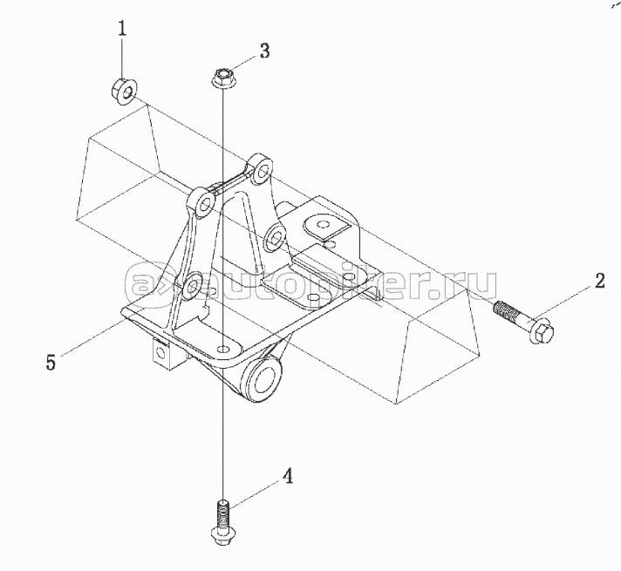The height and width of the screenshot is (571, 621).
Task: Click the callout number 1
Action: click(122, 29)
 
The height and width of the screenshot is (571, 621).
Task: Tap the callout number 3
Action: click(264, 51)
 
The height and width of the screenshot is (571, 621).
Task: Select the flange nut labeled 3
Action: click(222, 80)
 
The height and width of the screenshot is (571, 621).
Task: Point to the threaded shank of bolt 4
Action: click(223, 507)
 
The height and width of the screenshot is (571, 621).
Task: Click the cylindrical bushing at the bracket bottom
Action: click(263, 382)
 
